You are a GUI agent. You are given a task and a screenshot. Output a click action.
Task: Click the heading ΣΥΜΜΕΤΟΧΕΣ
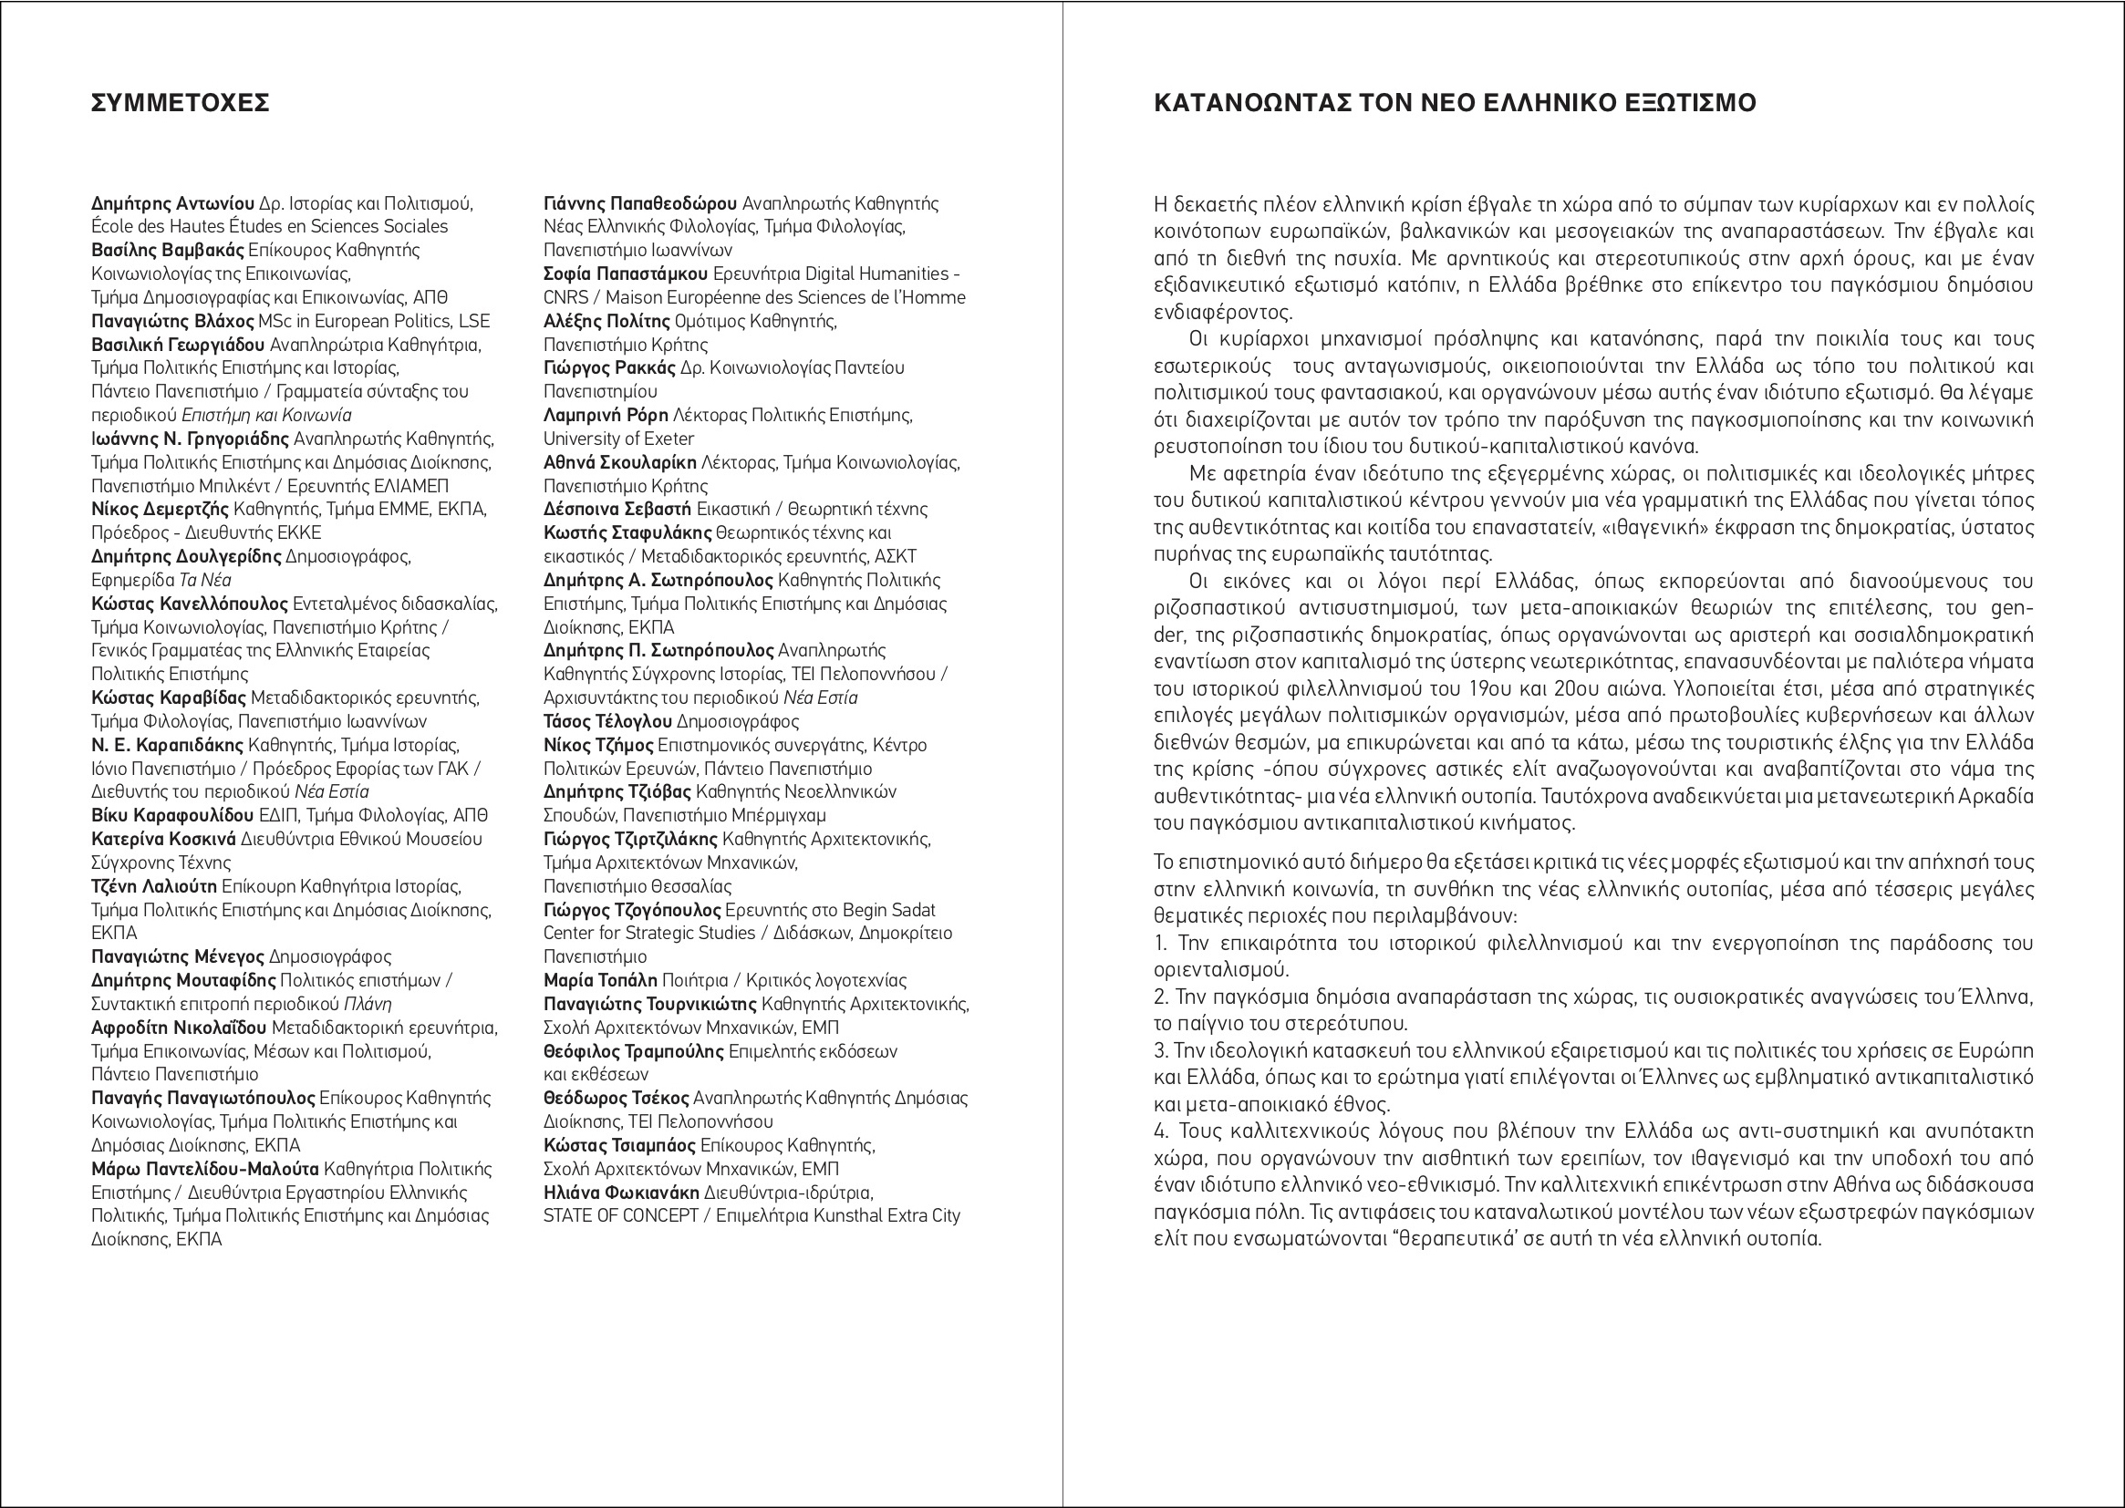(x=181, y=103)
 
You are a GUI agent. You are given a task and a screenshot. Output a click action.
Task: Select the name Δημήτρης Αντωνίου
(x=172, y=203)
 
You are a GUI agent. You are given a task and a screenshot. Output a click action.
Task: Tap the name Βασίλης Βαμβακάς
(x=167, y=250)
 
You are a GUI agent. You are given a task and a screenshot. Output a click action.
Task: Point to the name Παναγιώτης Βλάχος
(x=172, y=321)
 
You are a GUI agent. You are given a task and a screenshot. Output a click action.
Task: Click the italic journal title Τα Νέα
(x=204, y=581)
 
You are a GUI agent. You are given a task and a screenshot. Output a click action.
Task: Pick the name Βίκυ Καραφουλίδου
(x=171, y=815)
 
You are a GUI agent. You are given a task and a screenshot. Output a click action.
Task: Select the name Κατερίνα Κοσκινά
(x=163, y=840)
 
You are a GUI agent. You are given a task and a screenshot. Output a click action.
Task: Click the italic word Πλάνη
(x=368, y=1004)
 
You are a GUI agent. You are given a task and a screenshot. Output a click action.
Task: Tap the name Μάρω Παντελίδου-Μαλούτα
(x=204, y=1169)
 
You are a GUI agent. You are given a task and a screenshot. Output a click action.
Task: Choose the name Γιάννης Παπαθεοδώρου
(x=640, y=203)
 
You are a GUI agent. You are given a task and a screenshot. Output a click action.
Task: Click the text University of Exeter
(x=618, y=439)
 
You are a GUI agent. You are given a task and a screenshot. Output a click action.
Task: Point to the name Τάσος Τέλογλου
(x=607, y=721)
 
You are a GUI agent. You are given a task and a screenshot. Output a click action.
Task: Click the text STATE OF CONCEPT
(x=620, y=1215)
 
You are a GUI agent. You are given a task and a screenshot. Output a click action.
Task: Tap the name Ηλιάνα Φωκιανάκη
(x=621, y=1193)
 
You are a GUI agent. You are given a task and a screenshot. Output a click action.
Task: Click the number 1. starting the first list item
(x=1160, y=944)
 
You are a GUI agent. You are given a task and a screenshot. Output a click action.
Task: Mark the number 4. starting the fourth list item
(x=1161, y=1131)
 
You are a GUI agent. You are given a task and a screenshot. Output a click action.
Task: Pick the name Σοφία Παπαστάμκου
(x=625, y=274)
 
